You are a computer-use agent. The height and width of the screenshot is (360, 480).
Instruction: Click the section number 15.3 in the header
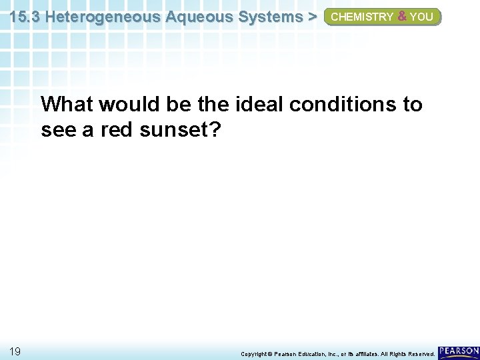pos(25,17)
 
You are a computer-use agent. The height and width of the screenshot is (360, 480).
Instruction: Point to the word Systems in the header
pos(266,17)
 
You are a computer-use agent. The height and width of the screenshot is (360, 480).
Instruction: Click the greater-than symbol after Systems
pos(311,17)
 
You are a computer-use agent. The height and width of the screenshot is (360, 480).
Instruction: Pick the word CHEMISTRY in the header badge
pos(361,17)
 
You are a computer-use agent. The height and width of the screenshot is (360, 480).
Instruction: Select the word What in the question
pos(66,105)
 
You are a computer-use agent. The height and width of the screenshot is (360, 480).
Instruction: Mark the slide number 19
pos(15,351)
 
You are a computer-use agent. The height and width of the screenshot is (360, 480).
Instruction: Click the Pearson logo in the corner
pos(459,351)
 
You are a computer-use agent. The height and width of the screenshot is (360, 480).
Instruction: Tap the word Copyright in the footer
pos(255,353)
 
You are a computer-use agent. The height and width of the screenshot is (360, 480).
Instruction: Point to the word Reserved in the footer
pos(417,353)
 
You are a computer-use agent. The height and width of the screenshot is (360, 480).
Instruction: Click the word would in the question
pos(129,105)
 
